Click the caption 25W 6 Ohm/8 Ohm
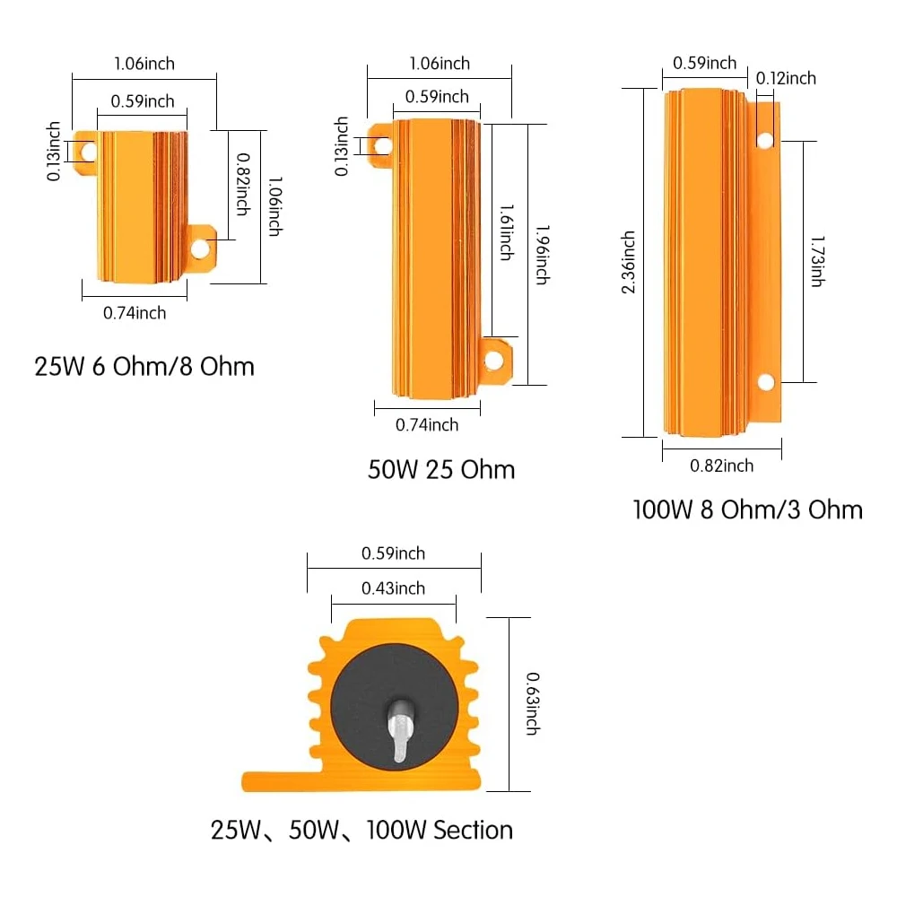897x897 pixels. (x=144, y=367)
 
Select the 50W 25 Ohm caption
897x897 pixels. (x=441, y=469)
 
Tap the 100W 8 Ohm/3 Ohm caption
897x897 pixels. (x=747, y=510)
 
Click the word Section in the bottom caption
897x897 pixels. (x=473, y=830)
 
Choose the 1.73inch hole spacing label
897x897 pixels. (x=817, y=261)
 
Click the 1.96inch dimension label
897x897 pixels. (x=542, y=254)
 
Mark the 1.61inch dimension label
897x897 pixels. (x=506, y=232)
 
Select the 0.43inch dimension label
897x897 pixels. (x=393, y=588)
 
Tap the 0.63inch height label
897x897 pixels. (x=531, y=704)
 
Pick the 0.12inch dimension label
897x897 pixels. (x=786, y=78)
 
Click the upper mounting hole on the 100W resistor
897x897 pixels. (x=765, y=140)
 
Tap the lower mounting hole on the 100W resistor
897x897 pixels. (x=765, y=382)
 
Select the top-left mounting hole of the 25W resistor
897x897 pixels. (x=87, y=151)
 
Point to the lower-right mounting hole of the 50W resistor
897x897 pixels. (x=493, y=361)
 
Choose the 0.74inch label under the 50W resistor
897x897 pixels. (x=427, y=424)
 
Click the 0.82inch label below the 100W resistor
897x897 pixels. (x=721, y=466)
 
